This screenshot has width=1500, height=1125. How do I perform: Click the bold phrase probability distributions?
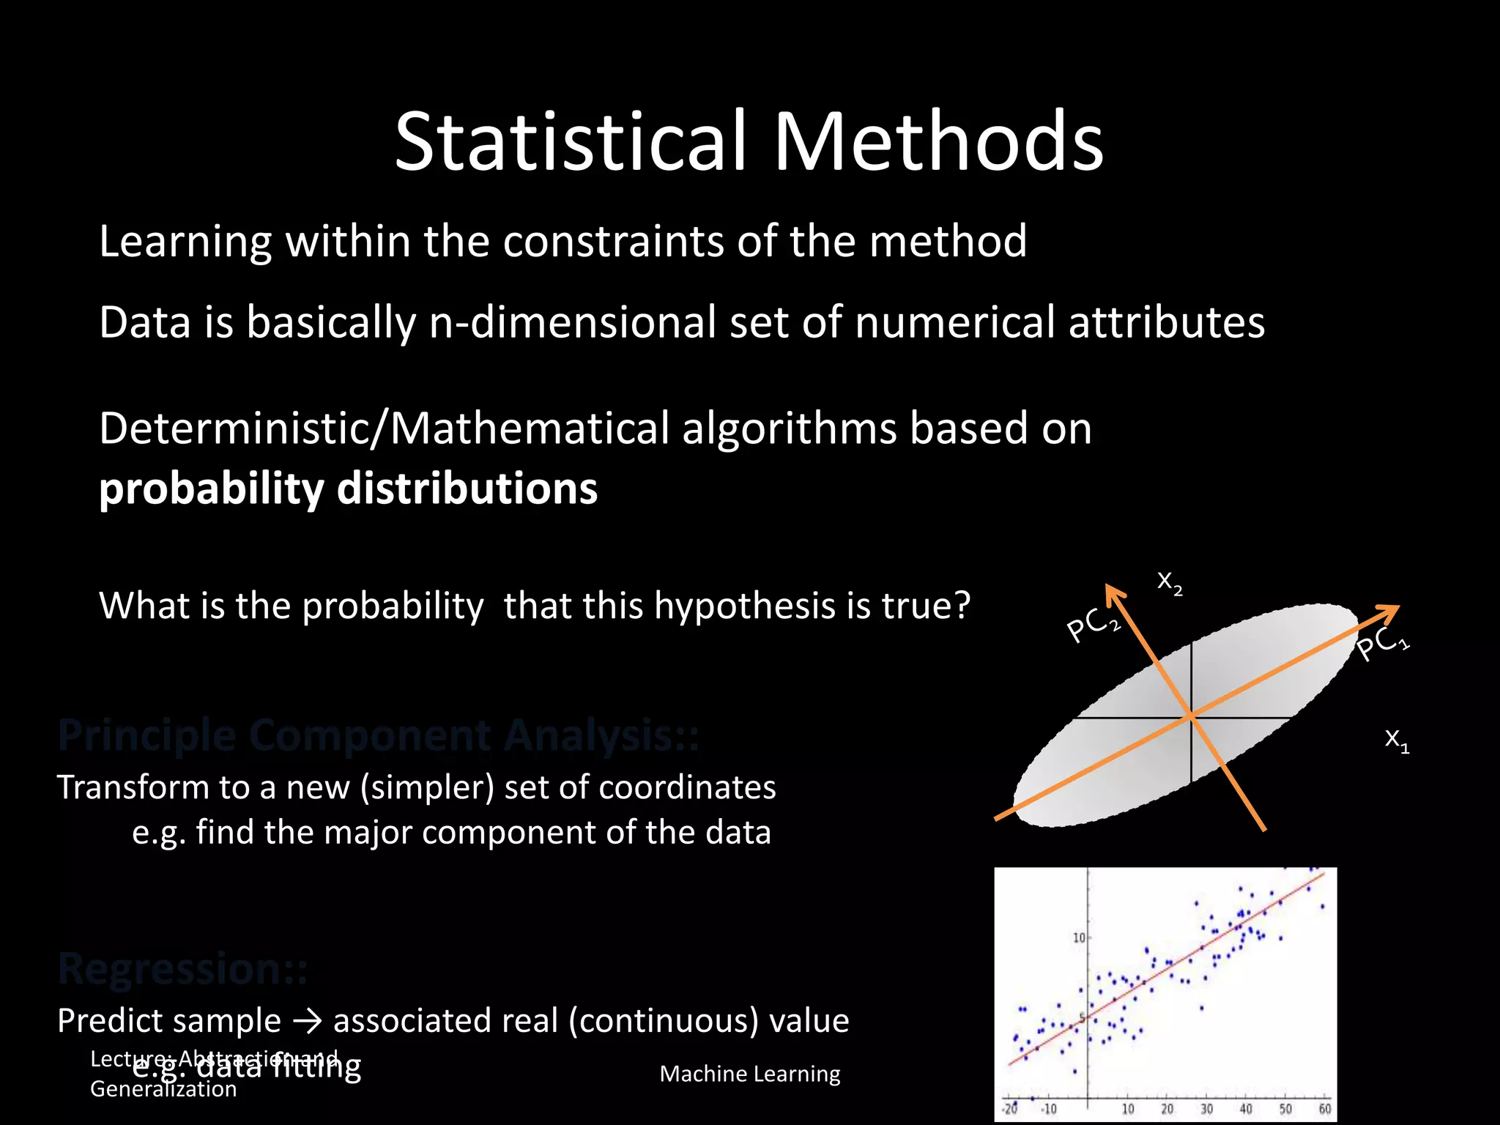[348, 489]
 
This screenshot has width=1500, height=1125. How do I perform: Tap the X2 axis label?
[1169, 583]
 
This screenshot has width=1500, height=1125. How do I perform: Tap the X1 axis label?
[1397, 740]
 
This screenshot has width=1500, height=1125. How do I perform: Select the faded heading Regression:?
[183, 968]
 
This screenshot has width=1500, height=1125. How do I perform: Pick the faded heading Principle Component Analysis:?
[378, 735]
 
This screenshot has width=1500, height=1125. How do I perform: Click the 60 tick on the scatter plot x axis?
[1324, 1109]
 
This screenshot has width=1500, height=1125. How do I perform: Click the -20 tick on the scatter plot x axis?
[1010, 1109]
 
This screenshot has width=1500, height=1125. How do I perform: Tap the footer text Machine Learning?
[749, 1074]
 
